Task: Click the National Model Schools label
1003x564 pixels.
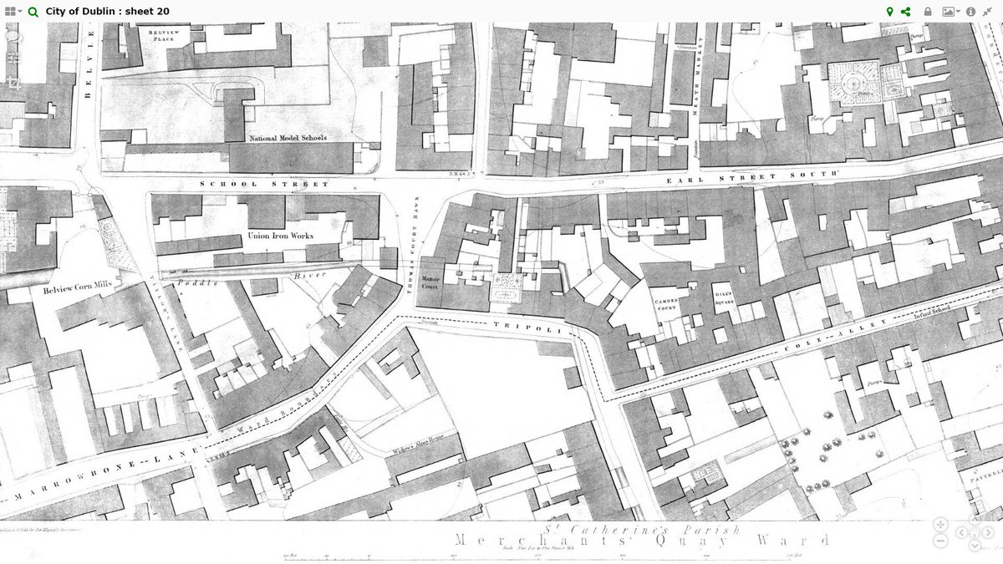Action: pyautogui.click(x=288, y=138)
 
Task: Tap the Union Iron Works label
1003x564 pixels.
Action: pyautogui.click(x=280, y=236)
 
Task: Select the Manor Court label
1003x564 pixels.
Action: pyautogui.click(x=430, y=282)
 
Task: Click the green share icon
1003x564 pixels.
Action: pyautogui.click(x=906, y=12)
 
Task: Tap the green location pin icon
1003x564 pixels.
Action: pyautogui.click(x=890, y=12)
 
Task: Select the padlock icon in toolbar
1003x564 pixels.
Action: pyautogui.click(x=928, y=12)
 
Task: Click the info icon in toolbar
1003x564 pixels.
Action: pyautogui.click(x=970, y=12)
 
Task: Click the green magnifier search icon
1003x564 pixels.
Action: pyautogui.click(x=33, y=12)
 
